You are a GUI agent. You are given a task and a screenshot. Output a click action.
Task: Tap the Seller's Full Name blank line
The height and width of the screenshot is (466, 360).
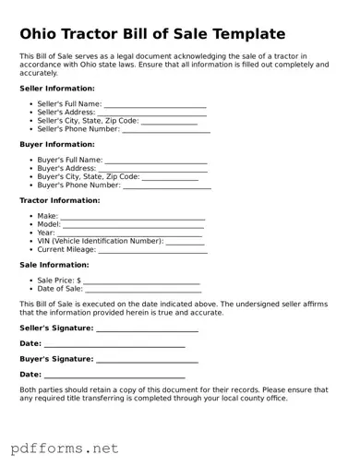click(155, 104)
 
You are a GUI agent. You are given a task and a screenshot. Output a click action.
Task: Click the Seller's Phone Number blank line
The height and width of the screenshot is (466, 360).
click(166, 129)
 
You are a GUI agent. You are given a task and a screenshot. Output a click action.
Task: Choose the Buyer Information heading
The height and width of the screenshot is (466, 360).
click(57, 144)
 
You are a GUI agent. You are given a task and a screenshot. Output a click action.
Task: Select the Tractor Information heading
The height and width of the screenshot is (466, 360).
click(60, 200)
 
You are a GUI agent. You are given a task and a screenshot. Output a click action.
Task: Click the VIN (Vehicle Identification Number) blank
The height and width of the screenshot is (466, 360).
click(185, 242)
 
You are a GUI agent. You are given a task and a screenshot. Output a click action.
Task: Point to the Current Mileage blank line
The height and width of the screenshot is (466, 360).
click(152, 250)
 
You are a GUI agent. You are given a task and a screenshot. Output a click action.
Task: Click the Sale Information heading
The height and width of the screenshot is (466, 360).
click(54, 264)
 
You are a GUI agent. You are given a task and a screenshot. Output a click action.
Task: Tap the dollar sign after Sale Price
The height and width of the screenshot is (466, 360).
click(79, 280)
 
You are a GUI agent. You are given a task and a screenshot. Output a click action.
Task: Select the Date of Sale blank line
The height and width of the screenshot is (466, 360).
click(143, 289)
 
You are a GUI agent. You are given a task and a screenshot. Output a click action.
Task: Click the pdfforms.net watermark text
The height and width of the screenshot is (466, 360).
click(65, 448)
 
